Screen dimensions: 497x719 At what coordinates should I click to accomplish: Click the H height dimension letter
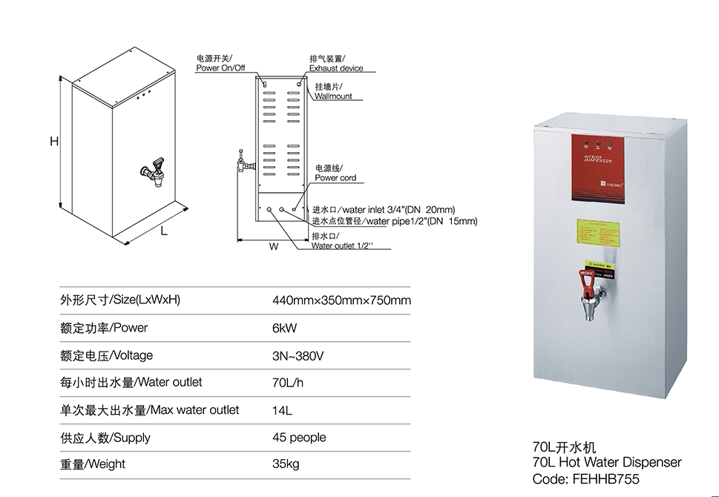[x=54, y=141]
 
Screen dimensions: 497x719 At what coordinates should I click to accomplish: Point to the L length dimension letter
[x=164, y=231]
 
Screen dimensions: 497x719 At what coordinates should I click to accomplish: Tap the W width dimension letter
[x=274, y=247]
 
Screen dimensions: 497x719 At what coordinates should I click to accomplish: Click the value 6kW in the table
[x=285, y=328]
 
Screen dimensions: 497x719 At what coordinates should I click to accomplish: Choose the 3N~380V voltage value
[x=298, y=355]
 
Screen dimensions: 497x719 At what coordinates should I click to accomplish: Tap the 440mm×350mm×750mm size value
[x=341, y=300]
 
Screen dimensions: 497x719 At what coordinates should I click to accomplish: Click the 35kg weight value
[x=286, y=464]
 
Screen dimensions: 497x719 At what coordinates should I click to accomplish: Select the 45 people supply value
[x=299, y=437]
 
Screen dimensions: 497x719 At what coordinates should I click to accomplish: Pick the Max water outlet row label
[x=149, y=409]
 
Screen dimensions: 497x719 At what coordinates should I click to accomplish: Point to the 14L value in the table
[x=282, y=409]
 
